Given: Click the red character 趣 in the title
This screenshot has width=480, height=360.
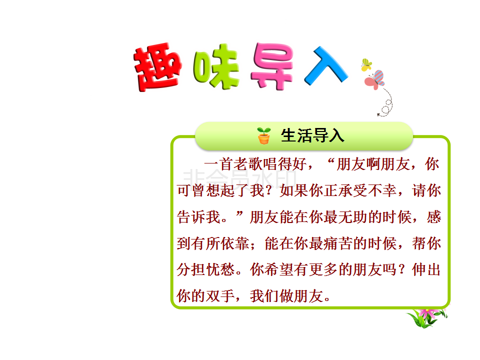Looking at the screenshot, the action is [157, 67].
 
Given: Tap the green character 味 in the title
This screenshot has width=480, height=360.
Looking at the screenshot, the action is [216, 66].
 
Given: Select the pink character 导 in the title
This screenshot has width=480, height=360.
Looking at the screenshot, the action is [272, 66].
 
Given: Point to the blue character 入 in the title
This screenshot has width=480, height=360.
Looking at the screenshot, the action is [325, 65].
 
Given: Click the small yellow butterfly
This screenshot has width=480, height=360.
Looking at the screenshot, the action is [366, 64].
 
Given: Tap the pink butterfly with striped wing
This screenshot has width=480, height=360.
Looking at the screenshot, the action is [374, 79].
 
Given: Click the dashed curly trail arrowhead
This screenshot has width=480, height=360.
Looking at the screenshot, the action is [378, 115].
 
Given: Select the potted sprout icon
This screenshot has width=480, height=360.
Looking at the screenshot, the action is [263, 135].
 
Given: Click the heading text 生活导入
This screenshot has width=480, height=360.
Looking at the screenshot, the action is [312, 135].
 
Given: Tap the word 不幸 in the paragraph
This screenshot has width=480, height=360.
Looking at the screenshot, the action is [382, 190].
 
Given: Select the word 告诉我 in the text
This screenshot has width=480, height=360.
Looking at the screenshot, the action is [199, 217].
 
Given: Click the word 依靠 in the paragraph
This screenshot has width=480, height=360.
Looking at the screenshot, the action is [235, 243].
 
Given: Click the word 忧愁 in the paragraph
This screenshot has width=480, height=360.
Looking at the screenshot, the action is [220, 270].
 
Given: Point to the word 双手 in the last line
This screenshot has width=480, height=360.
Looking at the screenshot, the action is [220, 296].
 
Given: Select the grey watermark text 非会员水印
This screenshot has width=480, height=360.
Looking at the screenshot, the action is [239, 179].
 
